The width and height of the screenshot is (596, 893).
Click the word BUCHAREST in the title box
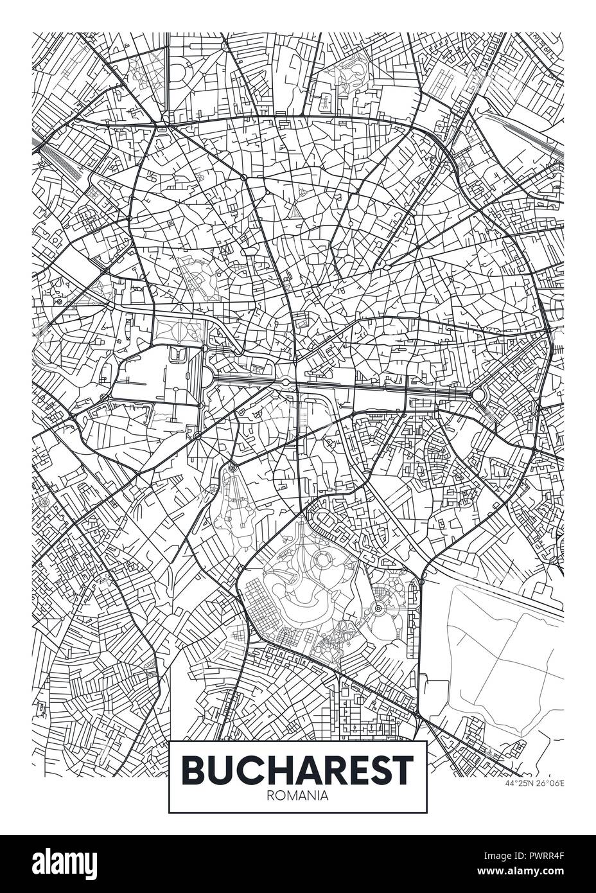298,768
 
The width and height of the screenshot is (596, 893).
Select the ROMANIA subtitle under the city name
298,795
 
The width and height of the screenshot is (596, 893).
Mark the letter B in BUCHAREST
193,768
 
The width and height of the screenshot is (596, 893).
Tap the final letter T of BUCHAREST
403,768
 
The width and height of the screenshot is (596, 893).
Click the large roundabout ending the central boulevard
478,394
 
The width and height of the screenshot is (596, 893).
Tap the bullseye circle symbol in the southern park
378,607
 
